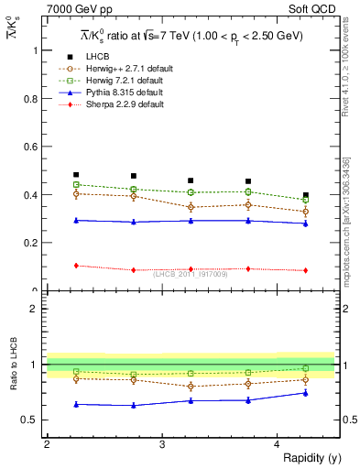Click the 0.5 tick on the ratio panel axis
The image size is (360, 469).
pos(32,420)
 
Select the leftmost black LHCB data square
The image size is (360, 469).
pos(76,175)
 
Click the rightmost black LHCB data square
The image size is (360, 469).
pos(306,195)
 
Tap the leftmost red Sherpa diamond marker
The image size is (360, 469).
pos(76,266)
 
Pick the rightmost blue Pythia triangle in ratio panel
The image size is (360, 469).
pos(306,393)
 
